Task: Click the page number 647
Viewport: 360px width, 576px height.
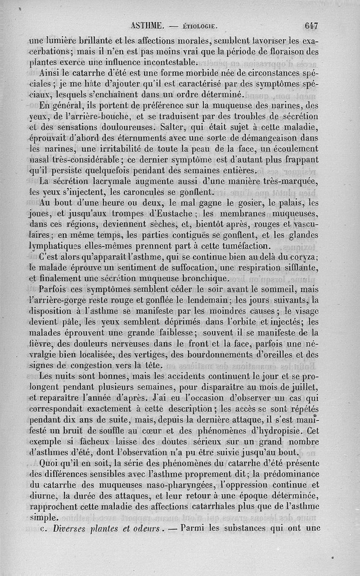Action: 311,26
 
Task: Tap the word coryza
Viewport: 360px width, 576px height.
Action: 302,257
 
